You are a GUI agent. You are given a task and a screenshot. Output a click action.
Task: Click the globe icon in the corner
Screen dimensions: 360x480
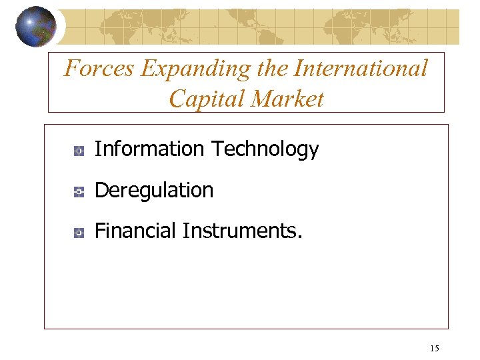coord(36,26)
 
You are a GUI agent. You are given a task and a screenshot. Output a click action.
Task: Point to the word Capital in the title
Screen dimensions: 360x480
coord(206,99)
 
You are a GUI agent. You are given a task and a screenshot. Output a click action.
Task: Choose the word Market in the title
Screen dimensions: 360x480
coord(287,99)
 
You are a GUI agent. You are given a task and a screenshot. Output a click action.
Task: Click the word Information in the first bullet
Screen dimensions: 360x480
coord(150,149)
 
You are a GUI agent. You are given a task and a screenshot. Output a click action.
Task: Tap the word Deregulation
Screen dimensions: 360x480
coord(154,191)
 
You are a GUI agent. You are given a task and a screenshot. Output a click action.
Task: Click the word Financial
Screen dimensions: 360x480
coord(136,231)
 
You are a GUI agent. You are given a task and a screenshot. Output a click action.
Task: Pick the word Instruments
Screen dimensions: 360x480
coord(239,231)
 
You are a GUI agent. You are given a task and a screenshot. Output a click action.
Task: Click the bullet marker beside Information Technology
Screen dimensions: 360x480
coord(78,151)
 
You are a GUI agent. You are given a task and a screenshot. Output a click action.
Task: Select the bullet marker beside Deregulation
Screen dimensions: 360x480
coord(78,192)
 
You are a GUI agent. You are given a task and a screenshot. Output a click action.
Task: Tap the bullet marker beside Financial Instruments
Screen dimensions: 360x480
coord(78,233)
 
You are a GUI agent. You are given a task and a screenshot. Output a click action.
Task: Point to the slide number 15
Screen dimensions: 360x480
coord(435,348)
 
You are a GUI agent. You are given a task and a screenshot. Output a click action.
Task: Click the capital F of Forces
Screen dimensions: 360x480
coord(71,68)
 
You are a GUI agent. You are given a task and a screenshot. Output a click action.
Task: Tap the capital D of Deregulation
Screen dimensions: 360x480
coord(101,191)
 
